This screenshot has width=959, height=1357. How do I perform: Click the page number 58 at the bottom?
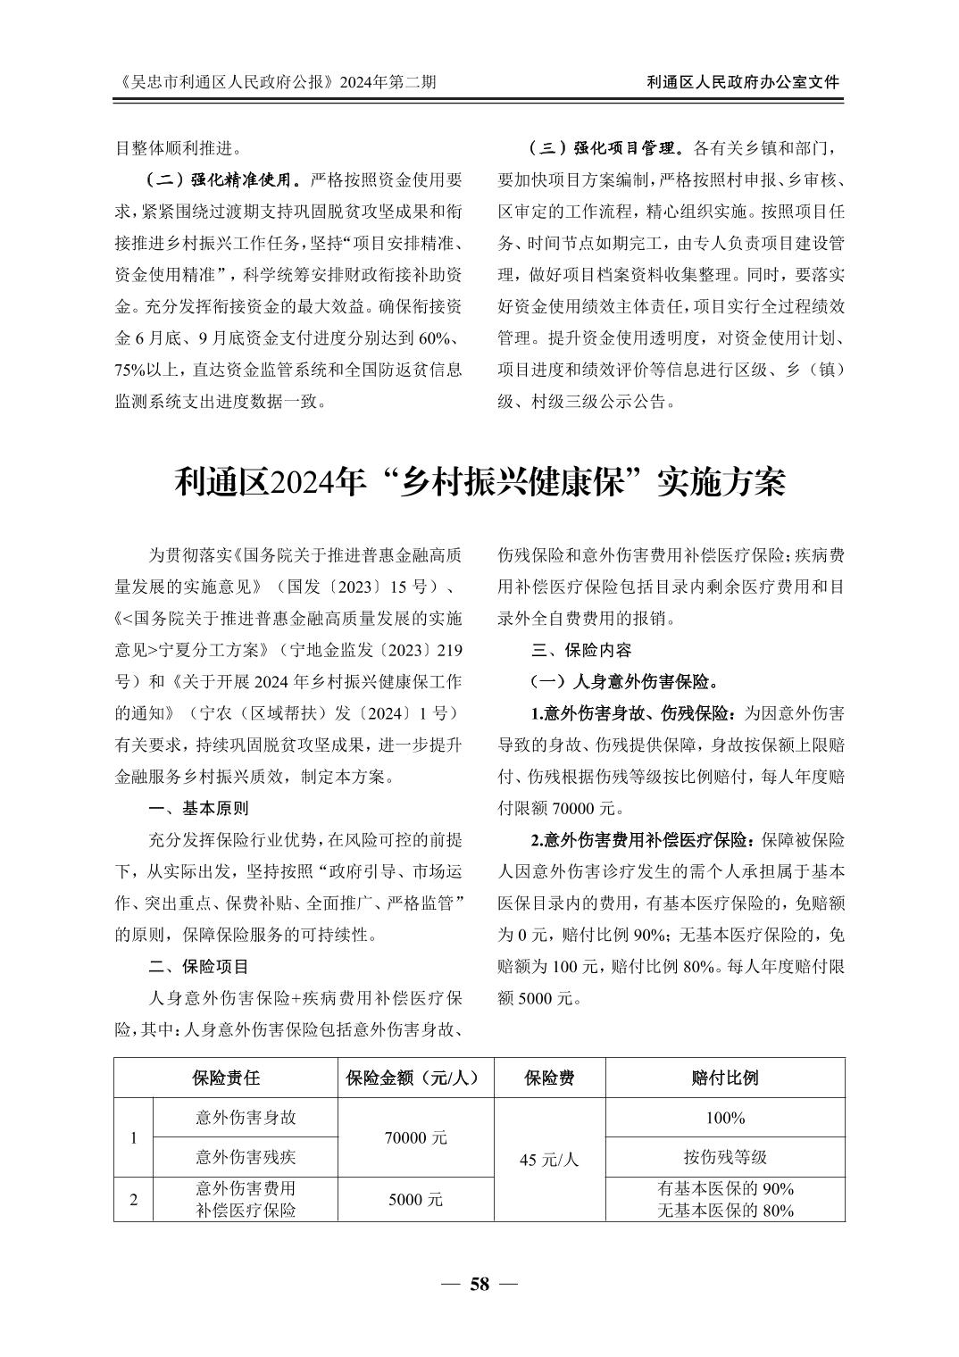(x=479, y=1284)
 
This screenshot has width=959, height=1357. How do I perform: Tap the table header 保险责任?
(x=226, y=1078)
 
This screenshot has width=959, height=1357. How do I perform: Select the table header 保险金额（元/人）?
(x=417, y=1078)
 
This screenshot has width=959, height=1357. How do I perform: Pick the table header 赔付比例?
(x=725, y=1078)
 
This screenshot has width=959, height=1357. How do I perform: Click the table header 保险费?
(x=549, y=1078)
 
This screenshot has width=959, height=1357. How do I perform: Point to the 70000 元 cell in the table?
(x=417, y=1137)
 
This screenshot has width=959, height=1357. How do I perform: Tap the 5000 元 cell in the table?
(x=417, y=1200)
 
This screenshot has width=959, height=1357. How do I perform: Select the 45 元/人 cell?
(x=549, y=1159)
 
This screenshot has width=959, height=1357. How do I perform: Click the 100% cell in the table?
(x=725, y=1118)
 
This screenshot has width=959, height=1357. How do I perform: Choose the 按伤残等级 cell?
(x=725, y=1157)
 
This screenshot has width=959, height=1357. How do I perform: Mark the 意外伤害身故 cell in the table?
(x=246, y=1117)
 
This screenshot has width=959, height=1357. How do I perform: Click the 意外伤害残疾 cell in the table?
(x=246, y=1157)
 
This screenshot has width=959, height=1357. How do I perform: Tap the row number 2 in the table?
(x=134, y=1200)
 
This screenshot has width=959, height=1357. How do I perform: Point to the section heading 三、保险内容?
(x=580, y=650)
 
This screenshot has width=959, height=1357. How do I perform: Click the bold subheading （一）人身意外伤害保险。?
(x=624, y=682)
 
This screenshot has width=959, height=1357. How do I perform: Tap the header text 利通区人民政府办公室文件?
(x=743, y=82)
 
